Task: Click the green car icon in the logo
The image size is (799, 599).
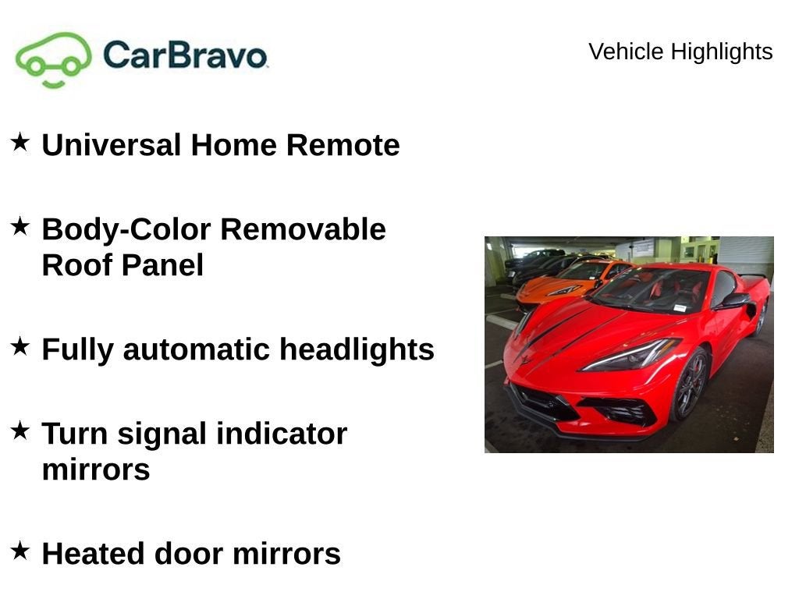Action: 53,59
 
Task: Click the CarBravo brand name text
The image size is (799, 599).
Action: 185,55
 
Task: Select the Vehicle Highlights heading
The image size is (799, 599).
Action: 680,51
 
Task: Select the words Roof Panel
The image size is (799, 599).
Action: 123,265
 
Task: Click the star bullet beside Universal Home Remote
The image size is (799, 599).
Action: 20,142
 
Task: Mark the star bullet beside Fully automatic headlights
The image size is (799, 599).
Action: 20,346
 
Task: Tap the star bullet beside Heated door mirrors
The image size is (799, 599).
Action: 20,551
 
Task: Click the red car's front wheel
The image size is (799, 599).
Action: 690,385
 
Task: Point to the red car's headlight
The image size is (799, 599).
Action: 629,356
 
